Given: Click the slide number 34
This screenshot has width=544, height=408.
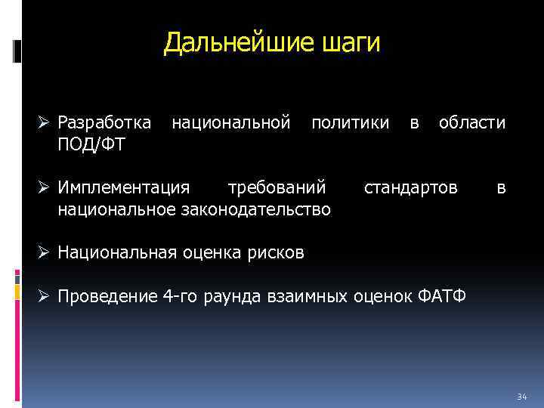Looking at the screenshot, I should (521, 397).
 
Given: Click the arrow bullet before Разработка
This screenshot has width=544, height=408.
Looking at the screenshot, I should (46, 122).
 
